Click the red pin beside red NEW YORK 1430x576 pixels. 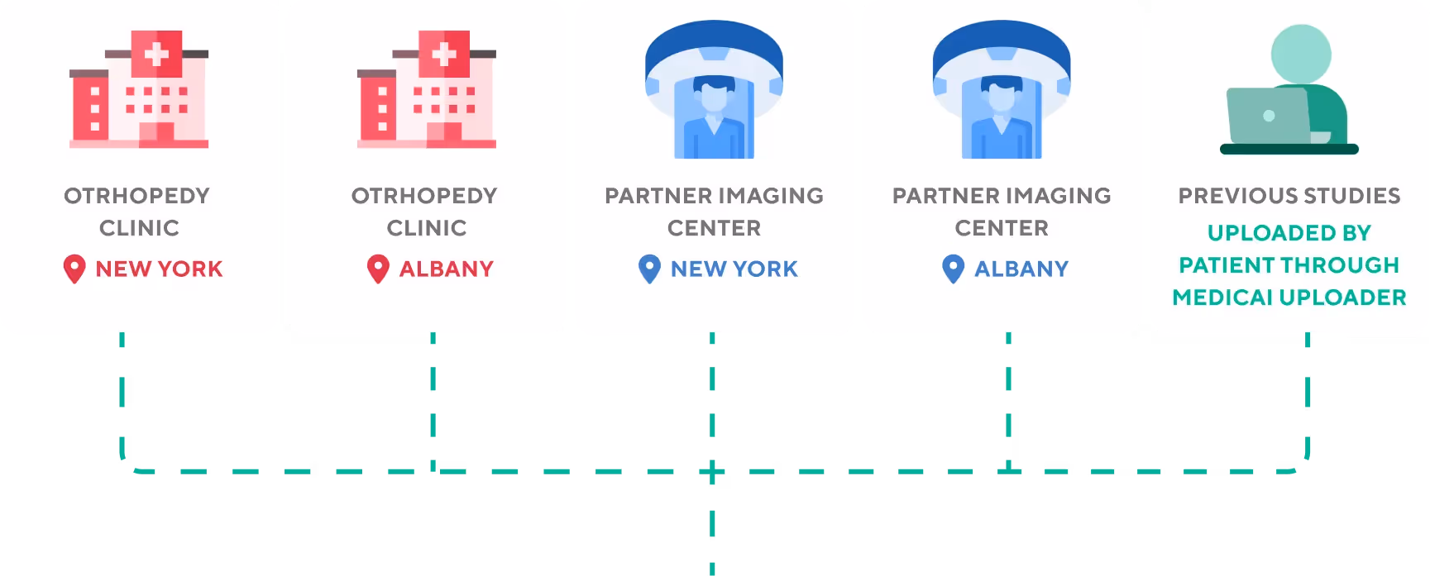(74, 269)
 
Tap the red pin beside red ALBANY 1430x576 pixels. (378, 269)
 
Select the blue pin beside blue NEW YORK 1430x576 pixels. (650, 269)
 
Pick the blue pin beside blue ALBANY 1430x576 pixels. (954, 269)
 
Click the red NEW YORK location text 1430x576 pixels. (159, 269)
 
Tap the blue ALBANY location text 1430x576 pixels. (1021, 269)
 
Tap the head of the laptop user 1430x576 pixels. (1301, 54)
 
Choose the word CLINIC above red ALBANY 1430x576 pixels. (427, 228)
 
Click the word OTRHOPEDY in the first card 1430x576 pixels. (137, 196)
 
